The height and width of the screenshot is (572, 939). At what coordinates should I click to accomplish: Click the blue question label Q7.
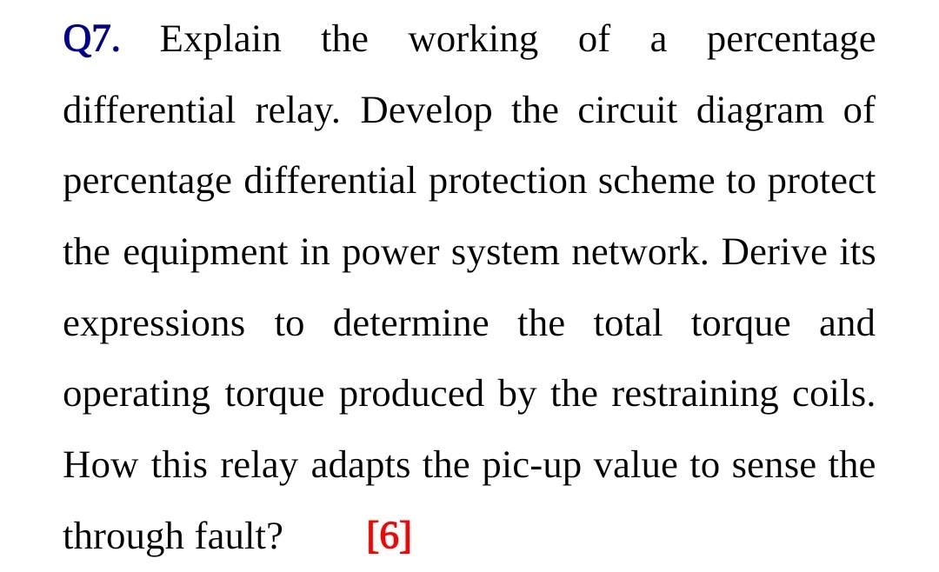tap(92, 41)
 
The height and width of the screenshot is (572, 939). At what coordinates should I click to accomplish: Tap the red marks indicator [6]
tap(389, 536)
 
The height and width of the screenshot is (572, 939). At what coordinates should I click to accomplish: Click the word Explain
tap(221, 41)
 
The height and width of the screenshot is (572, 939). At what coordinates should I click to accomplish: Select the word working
tap(473, 41)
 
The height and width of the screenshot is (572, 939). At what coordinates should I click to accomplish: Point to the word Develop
tap(426, 112)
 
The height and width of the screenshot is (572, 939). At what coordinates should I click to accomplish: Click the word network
tap(641, 253)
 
